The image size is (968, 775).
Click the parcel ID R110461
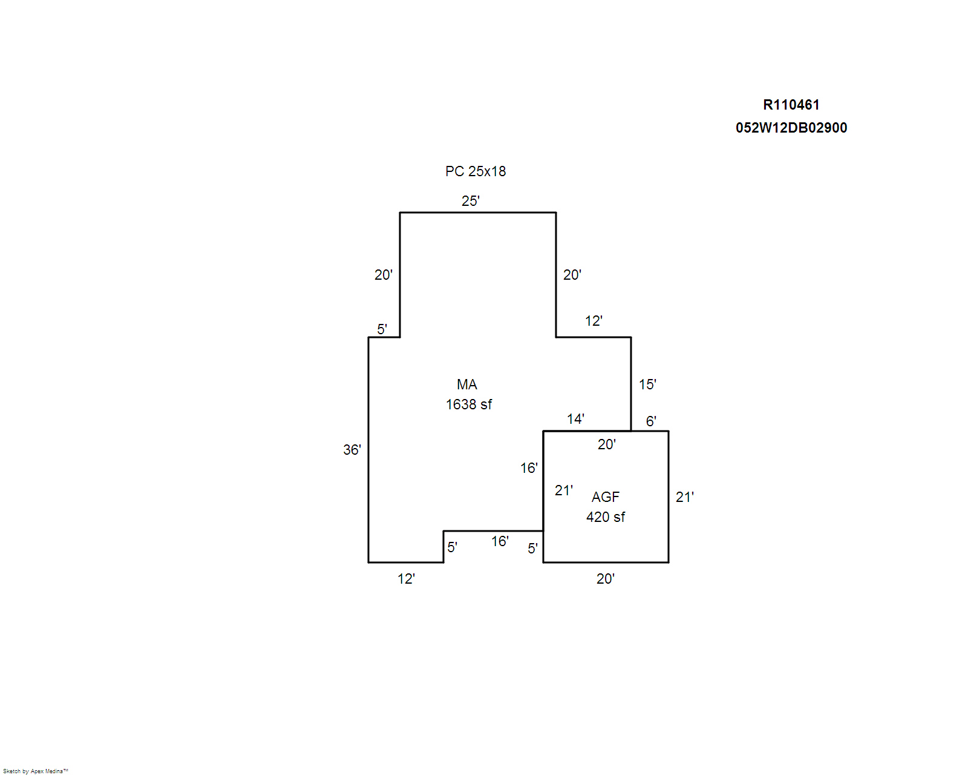point(791,105)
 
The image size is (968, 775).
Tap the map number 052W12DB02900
point(791,128)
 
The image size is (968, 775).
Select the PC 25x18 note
point(476,171)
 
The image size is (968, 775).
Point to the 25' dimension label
point(471,201)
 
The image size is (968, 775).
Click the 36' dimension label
point(352,449)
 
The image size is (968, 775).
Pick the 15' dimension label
point(647,384)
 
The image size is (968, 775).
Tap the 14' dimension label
point(575,419)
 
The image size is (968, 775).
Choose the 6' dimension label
point(651,421)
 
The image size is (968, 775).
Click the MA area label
point(466,384)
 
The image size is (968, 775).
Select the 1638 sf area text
point(469,404)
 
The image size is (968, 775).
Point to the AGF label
point(605,496)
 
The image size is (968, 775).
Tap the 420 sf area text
point(605,516)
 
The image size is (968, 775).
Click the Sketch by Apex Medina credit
point(36,771)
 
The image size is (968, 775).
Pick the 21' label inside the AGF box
point(564,490)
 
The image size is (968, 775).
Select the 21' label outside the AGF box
point(685,496)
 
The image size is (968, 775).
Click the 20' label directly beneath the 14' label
point(606,444)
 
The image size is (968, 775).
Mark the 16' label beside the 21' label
point(529,468)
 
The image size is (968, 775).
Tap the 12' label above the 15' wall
point(594,321)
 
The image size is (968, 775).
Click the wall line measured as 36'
point(368,449)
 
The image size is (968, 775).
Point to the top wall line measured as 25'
point(478,213)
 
